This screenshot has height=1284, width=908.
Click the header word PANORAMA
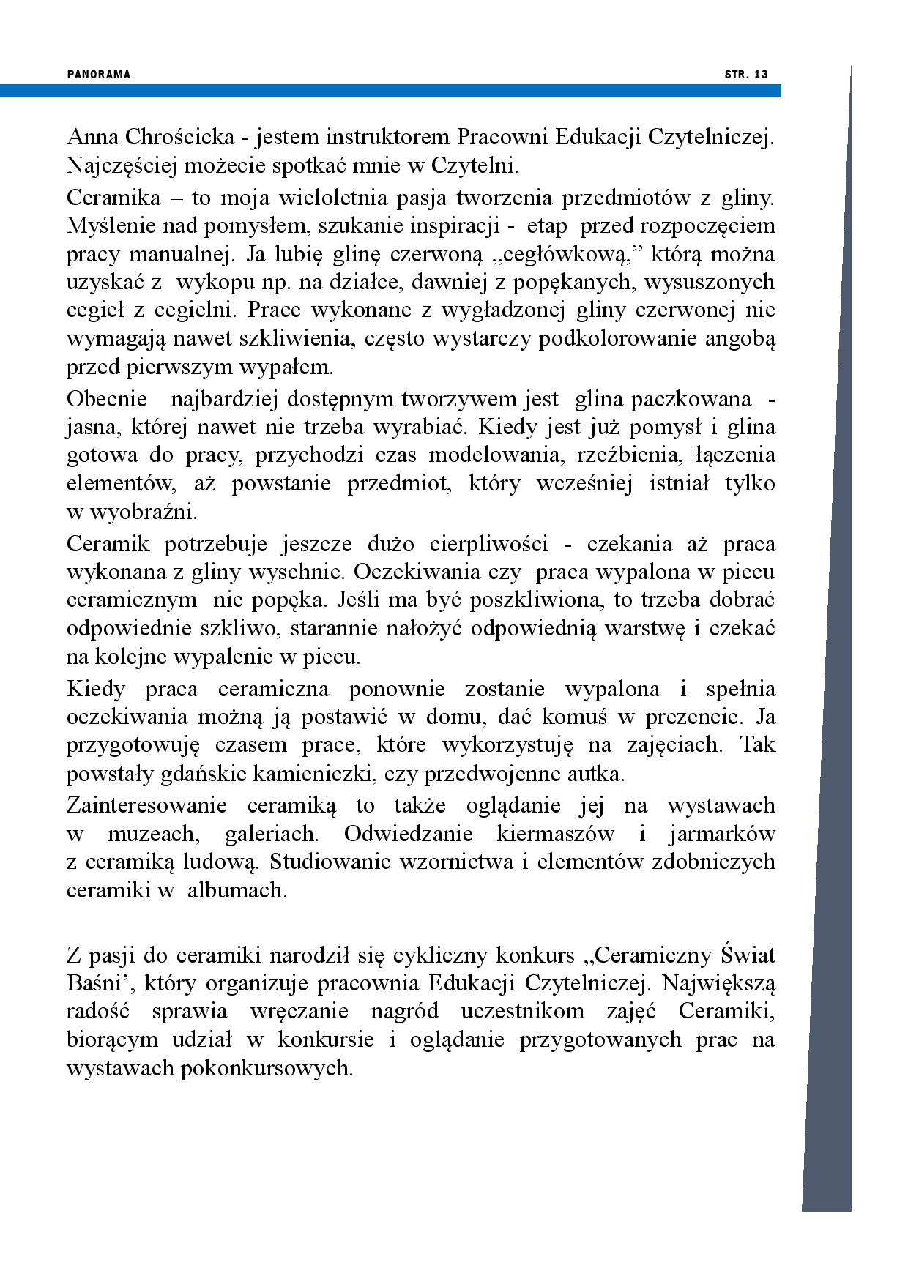click(98, 75)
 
